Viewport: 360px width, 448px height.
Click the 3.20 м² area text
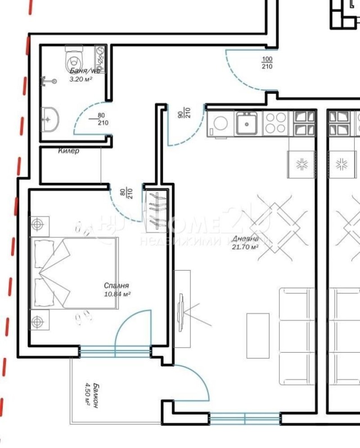coord(81,79)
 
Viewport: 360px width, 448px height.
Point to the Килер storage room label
coord(69,151)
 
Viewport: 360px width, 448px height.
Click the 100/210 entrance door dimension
coord(267,63)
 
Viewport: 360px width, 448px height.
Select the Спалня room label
coord(117,285)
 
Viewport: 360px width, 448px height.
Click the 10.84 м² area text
coord(117,294)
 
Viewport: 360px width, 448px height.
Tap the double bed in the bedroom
coord(75,273)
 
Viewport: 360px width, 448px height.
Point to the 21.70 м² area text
coord(244,247)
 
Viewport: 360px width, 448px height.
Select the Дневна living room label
coord(245,239)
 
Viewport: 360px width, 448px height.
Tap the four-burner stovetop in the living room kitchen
coord(275,122)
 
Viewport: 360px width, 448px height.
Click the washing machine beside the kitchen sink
coord(221,123)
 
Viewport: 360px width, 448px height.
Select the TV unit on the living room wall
coord(182,309)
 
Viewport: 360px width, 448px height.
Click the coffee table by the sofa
coord(258,335)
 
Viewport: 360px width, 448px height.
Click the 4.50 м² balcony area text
coord(88,394)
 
